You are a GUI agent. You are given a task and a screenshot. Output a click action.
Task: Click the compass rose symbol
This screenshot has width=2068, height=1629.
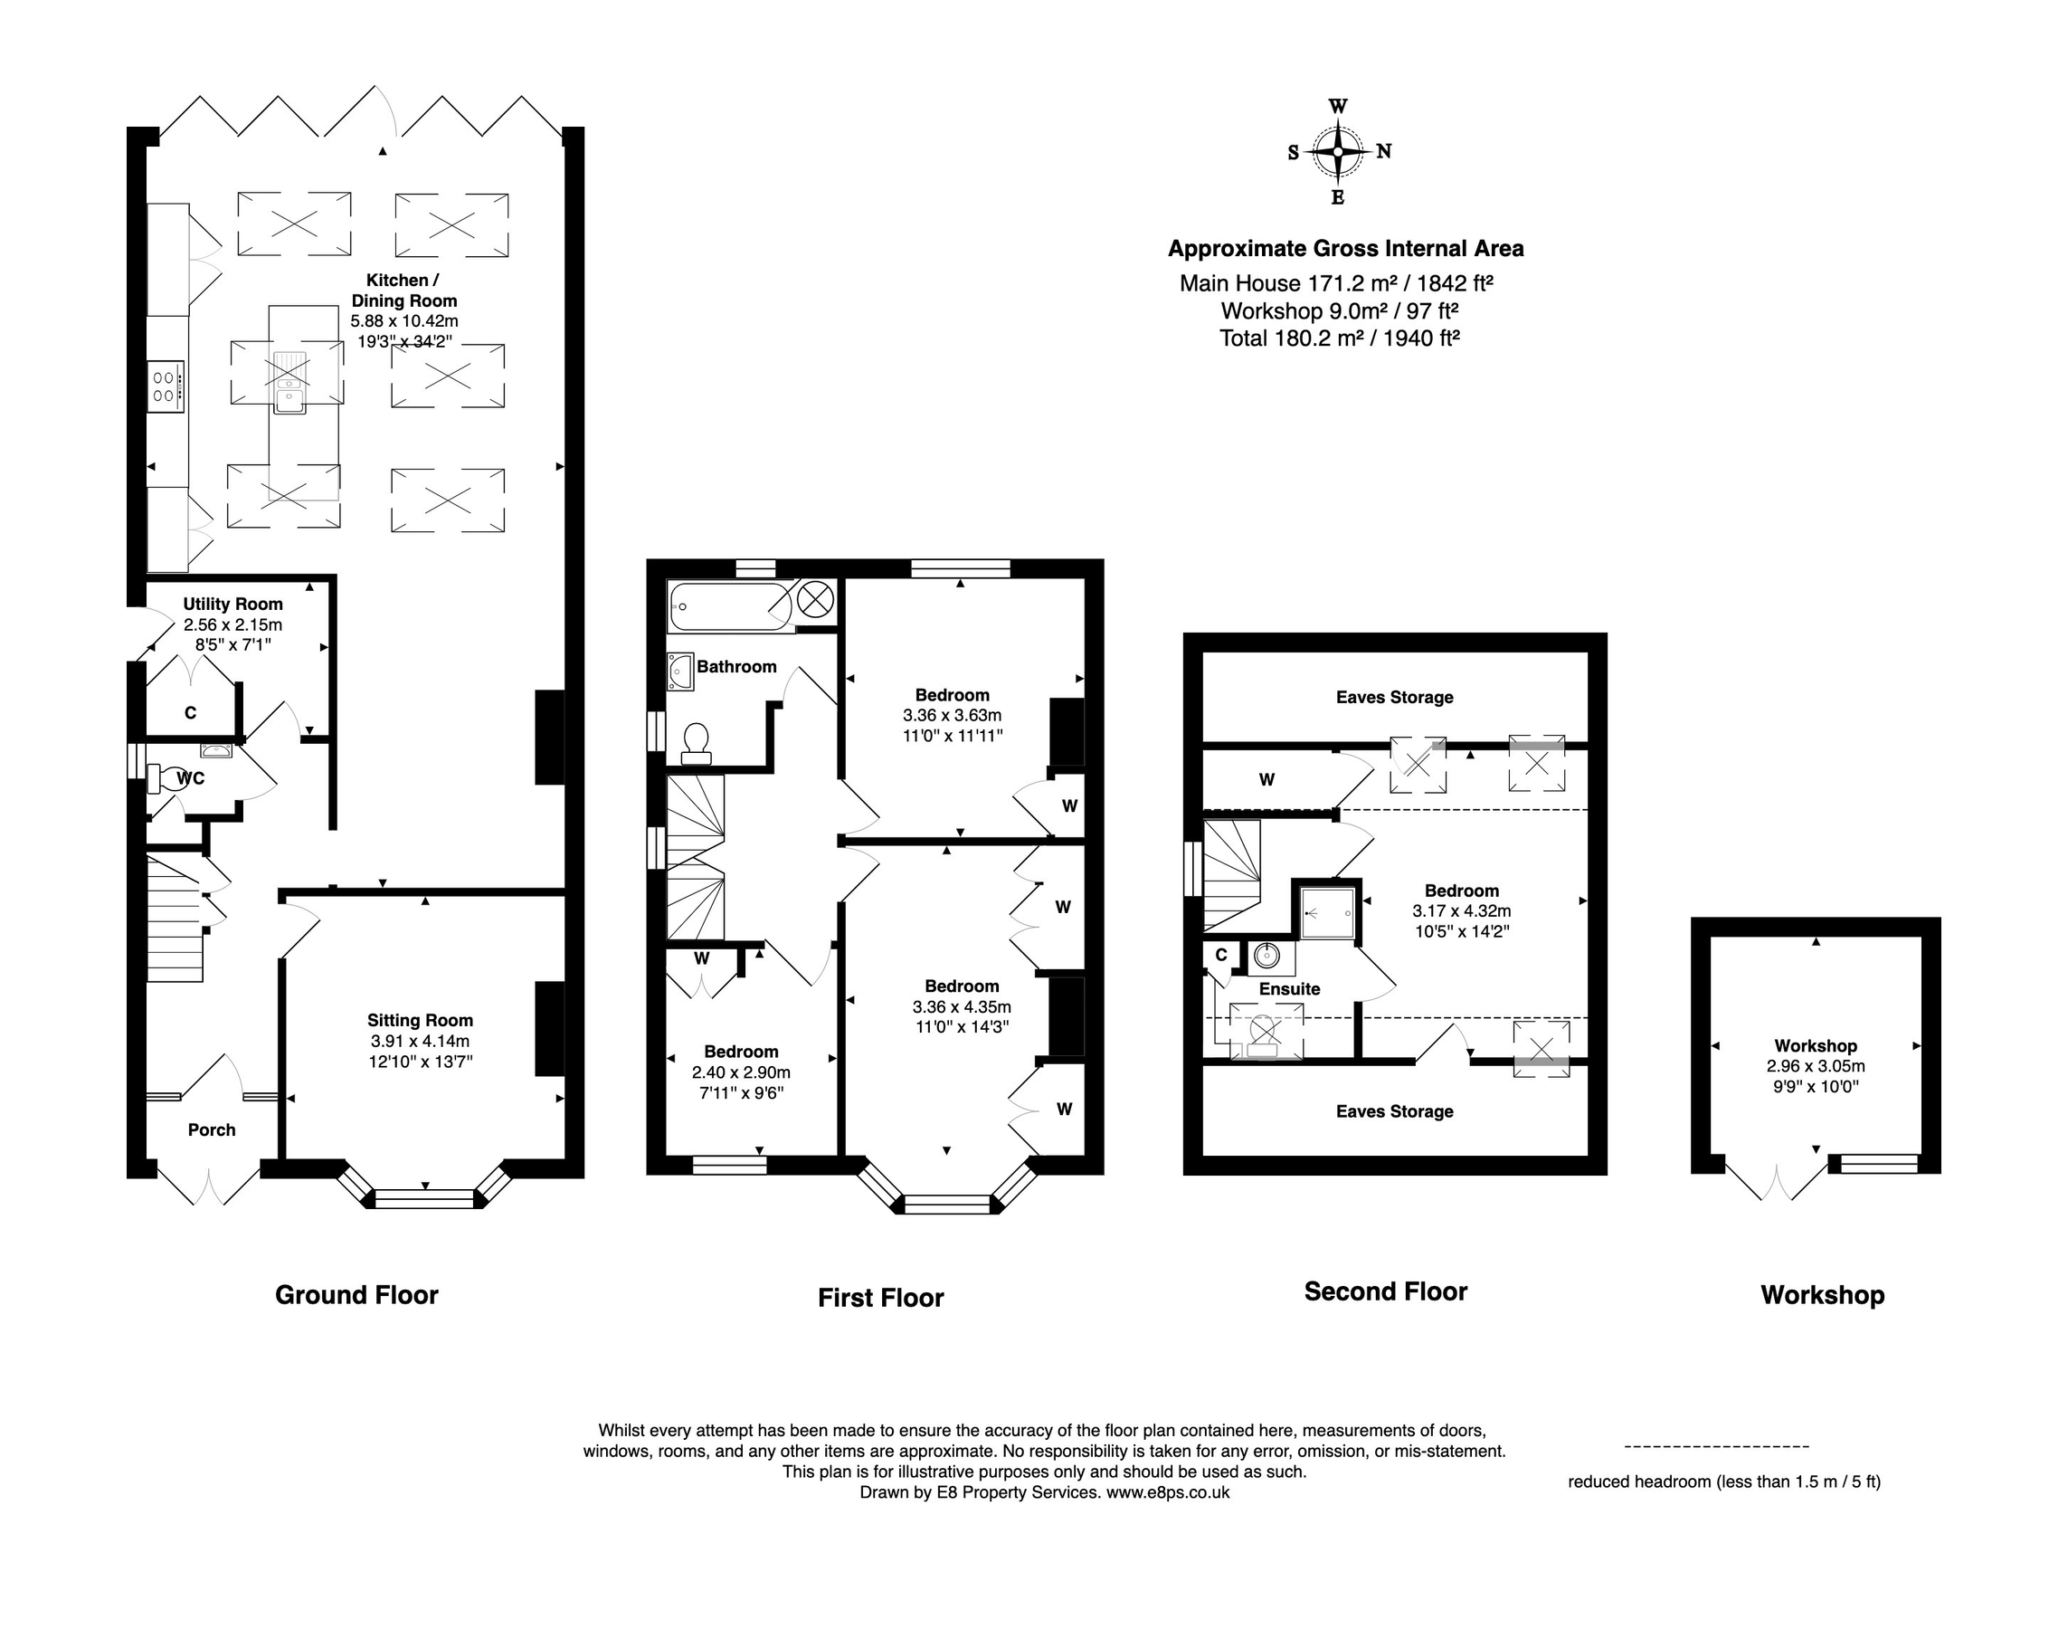[1338, 152]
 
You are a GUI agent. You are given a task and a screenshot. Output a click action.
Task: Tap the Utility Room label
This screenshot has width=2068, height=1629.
[232, 604]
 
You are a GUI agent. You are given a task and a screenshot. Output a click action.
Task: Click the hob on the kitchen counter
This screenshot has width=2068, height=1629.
[165, 386]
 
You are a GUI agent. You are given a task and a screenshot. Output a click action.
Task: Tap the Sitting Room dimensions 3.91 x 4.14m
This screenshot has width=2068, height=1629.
[421, 1041]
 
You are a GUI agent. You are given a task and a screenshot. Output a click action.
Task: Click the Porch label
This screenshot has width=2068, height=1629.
[211, 1129]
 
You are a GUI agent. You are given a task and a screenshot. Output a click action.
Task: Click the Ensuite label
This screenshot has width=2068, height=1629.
[1289, 989]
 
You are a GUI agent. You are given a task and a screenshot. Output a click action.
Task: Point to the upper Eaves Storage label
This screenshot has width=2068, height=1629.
[1394, 697]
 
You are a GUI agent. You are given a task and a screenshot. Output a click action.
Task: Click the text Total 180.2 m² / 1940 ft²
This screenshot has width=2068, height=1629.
[1340, 338]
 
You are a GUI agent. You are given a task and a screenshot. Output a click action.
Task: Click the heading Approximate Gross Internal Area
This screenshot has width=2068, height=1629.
[1345, 249]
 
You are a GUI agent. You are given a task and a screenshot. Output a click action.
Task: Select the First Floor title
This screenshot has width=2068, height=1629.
[880, 1297]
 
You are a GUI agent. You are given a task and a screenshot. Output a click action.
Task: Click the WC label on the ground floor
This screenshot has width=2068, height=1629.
[191, 778]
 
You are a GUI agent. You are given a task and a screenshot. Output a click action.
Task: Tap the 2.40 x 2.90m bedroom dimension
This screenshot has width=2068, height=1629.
[741, 1072]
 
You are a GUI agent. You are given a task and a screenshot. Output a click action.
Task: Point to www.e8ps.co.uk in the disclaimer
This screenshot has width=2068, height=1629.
[1167, 1492]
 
